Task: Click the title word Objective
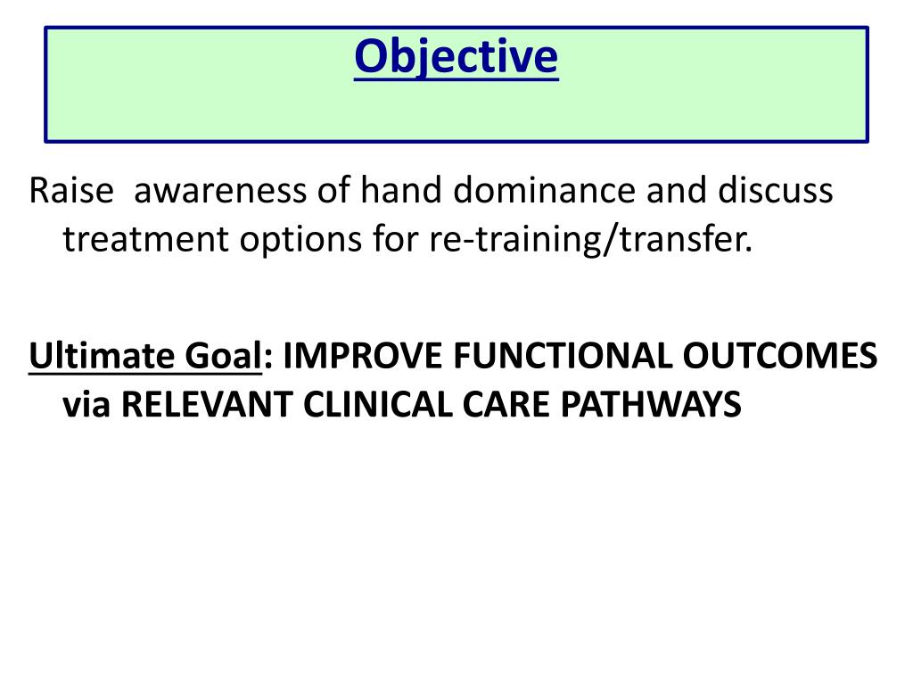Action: (456, 57)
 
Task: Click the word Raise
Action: (71, 191)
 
